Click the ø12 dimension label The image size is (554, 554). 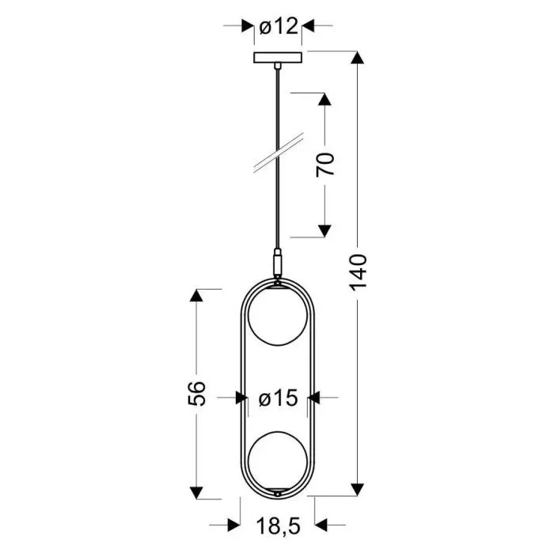[x=278, y=26]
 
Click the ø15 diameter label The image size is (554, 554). [x=279, y=399]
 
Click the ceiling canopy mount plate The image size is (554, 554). [x=277, y=58]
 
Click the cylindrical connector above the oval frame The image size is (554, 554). [x=277, y=260]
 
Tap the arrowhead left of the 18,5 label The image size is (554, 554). [x=233, y=524]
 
